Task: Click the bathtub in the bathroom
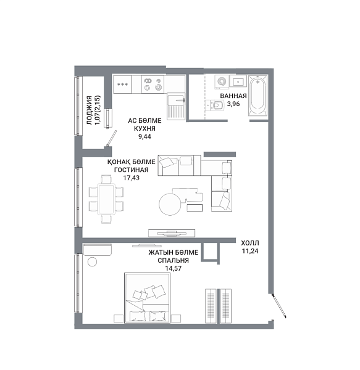coord(258,96)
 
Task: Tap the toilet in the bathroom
coord(217,105)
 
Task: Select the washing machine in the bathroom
coord(222,82)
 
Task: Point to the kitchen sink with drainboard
coord(176,105)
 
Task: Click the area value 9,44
coord(144,137)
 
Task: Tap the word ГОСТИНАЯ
coord(132,170)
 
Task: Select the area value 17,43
coord(132,178)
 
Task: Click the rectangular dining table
coord(107,199)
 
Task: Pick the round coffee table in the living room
coord(170,204)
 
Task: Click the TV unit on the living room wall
coord(172,233)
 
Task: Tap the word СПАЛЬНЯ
coord(173,260)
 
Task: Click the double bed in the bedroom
coord(147,298)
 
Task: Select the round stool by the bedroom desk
coord(92,262)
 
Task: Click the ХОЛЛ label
coord(250,243)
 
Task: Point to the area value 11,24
coord(250,251)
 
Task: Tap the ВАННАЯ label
coord(233,96)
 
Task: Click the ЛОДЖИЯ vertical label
coord(89,110)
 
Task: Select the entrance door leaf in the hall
coord(279,305)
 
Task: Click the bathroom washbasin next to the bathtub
coord(238,81)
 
